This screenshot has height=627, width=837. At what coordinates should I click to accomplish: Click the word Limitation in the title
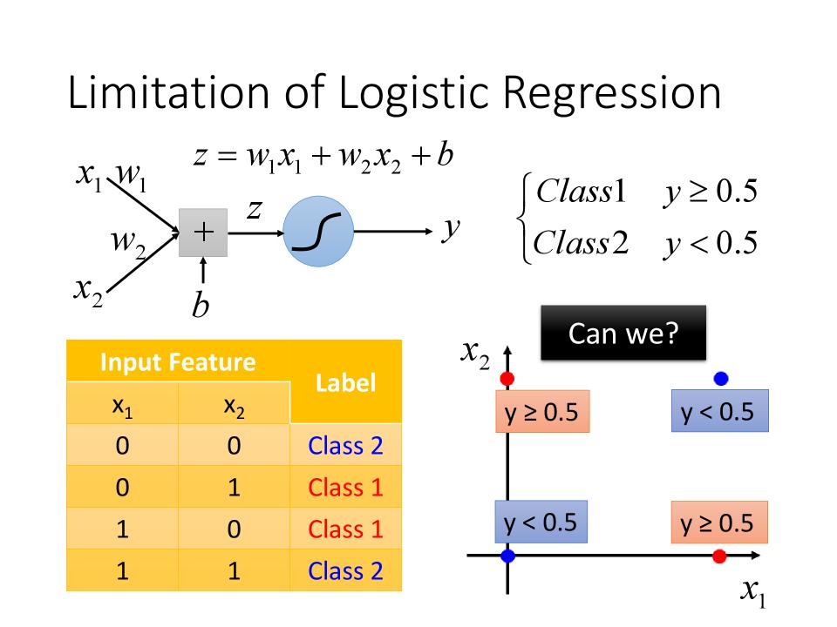click(168, 92)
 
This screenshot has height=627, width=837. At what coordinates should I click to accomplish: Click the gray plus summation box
click(203, 233)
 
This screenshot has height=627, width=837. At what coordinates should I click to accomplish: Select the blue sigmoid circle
click(318, 232)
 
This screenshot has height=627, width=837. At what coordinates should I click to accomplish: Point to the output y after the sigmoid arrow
click(451, 230)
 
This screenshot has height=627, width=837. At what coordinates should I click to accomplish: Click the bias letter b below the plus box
click(201, 305)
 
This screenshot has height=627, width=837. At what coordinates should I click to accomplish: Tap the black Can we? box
click(623, 334)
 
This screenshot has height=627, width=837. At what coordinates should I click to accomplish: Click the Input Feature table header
click(178, 362)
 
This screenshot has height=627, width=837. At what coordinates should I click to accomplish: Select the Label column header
click(345, 383)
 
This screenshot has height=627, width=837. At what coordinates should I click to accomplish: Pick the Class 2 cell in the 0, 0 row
click(345, 445)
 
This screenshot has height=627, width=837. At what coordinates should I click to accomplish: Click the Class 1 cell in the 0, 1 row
click(345, 488)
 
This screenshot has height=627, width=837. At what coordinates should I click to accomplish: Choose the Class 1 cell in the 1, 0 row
click(345, 529)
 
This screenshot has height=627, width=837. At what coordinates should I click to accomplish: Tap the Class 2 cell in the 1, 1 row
click(345, 571)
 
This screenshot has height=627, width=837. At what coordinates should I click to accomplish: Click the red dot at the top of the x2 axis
click(507, 379)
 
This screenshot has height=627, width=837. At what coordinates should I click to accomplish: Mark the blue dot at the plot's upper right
click(721, 379)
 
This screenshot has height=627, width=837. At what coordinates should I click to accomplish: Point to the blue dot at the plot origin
click(507, 556)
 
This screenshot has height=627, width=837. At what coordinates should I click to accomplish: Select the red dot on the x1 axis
click(719, 556)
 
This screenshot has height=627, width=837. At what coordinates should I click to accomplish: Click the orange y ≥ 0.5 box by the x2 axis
click(542, 411)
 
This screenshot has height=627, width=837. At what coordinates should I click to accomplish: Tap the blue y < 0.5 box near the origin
click(541, 522)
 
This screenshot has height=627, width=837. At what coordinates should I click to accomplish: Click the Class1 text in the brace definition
click(581, 191)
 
